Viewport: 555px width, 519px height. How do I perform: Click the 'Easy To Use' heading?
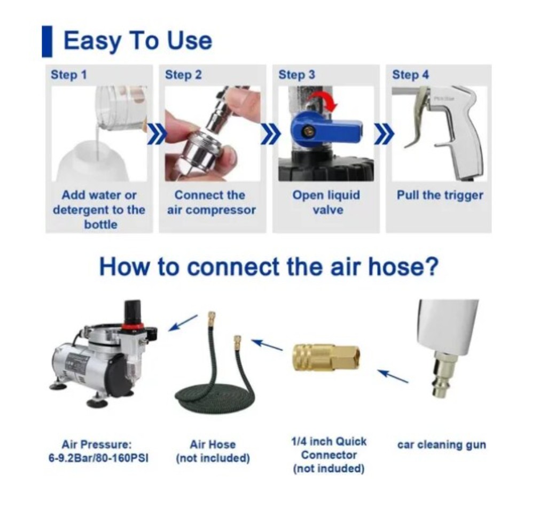point(137,41)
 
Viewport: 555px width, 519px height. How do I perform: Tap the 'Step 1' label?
point(69,75)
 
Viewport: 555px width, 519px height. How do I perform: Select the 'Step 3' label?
point(296,75)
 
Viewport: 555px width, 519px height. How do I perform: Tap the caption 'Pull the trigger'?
point(440,195)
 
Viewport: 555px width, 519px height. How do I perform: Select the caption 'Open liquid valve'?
point(326,202)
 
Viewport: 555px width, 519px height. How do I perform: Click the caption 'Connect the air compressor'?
point(212,202)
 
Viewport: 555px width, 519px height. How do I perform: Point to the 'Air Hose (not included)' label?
point(213,451)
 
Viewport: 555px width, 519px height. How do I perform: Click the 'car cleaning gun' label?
point(441,445)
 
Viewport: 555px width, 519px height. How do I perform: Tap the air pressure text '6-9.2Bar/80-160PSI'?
point(98,458)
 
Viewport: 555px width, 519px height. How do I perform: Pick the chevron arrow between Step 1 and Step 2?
point(156,134)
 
